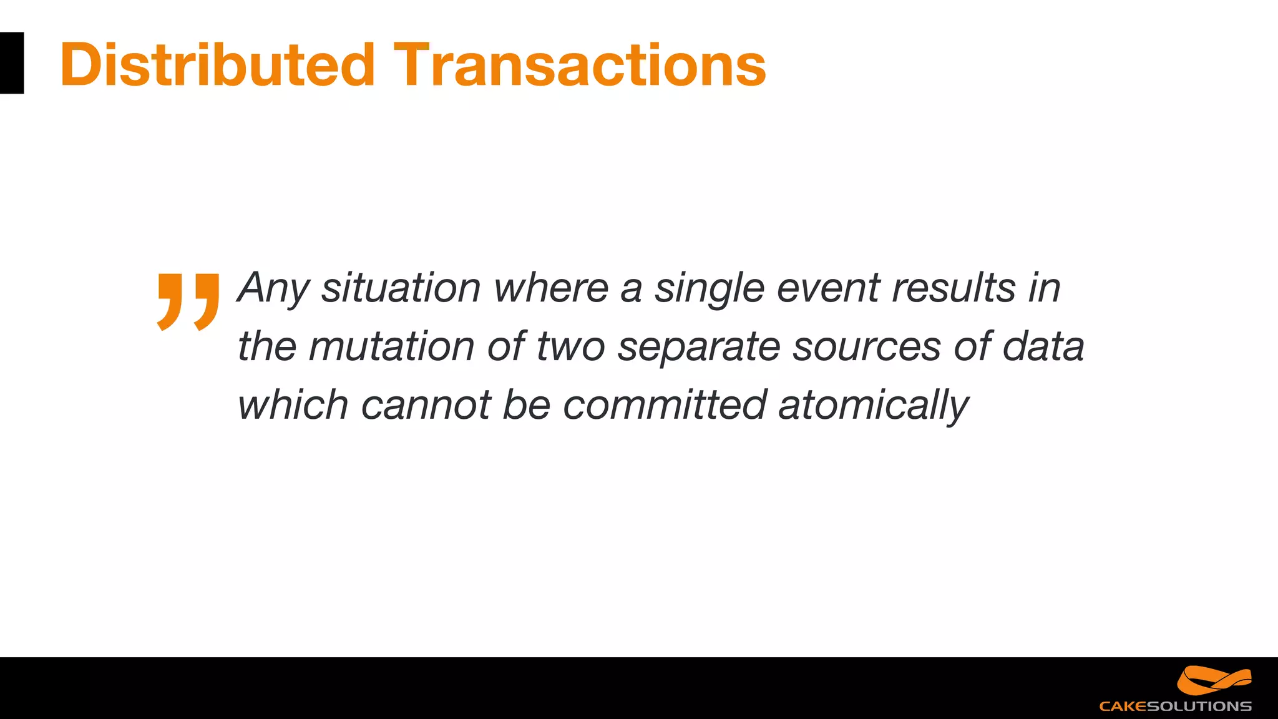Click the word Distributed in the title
217,64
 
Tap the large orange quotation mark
188,301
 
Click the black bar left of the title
12,63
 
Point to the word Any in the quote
273,288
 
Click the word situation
401,288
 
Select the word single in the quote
709,288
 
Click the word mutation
391,346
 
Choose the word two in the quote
570,346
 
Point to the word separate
698,346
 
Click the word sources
866,346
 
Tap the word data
1043,346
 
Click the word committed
665,405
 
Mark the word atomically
873,405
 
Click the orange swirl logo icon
1214,680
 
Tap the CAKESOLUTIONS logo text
1175,707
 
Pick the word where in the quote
551,288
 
